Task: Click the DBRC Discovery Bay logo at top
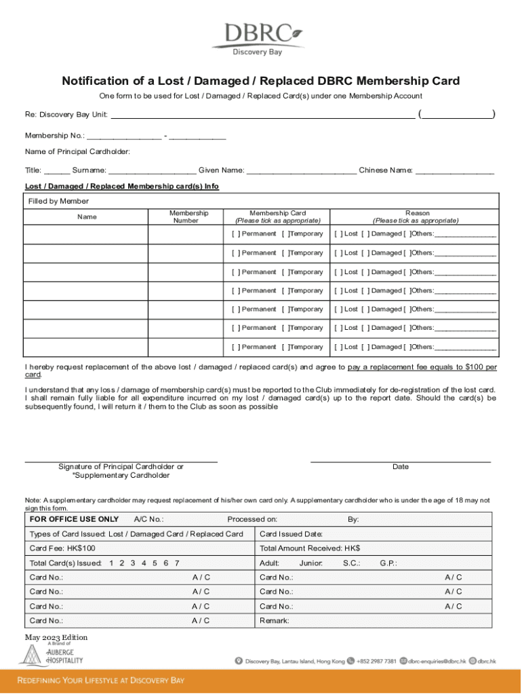(257, 38)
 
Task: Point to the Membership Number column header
(188, 217)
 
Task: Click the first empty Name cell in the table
(86, 234)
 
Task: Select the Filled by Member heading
(58, 201)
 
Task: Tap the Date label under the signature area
(400, 467)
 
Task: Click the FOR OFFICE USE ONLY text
(74, 519)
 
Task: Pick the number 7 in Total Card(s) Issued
(177, 563)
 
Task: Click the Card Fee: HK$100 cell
(62, 548)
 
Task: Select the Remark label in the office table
(275, 620)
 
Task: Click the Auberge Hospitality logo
(51, 655)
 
